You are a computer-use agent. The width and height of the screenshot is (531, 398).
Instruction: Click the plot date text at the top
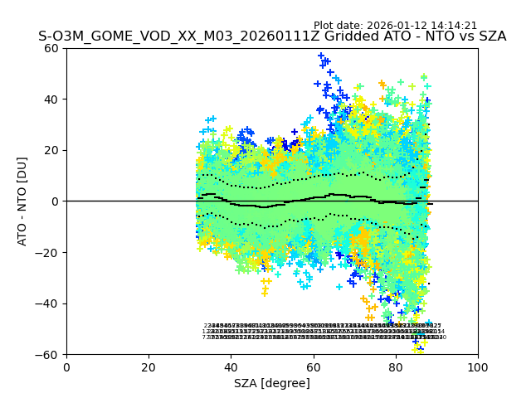(x=395, y=26)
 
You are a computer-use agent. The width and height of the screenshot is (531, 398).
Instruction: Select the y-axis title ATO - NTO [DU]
(x=23, y=201)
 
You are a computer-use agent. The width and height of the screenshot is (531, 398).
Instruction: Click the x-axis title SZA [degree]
(x=272, y=383)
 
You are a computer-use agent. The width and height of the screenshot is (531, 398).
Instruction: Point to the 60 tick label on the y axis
(x=51, y=48)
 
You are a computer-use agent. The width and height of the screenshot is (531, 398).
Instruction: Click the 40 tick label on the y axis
(x=51, y=99)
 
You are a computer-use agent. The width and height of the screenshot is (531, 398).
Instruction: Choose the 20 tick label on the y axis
(x=51, y=150)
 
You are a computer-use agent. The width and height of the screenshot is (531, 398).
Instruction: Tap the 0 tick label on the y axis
(x=55, y=201)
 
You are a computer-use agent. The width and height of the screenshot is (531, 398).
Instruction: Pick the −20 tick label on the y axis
(x=48, y=253)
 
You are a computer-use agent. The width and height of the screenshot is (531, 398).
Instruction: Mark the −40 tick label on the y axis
(x=48, y=303)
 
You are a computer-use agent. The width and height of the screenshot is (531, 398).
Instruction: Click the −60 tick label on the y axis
(x=48, y=355)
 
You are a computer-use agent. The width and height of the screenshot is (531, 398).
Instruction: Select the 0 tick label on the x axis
(x=66, y=366)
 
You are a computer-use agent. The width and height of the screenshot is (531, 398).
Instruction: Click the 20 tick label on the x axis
(x=149, y=366)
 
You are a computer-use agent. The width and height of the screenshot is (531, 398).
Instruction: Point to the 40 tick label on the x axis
(x=231, y=366)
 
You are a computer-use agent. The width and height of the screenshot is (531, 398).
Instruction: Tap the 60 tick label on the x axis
(x=314, y=366)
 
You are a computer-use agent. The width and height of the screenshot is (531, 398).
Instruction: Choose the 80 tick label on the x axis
(x=396, y=366)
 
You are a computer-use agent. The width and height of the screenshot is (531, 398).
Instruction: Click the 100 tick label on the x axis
(x=478, y=366)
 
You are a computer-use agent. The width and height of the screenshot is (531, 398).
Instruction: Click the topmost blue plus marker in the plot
(x=321, y=56)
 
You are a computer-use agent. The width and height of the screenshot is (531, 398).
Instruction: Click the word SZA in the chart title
(x=490, y=37)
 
